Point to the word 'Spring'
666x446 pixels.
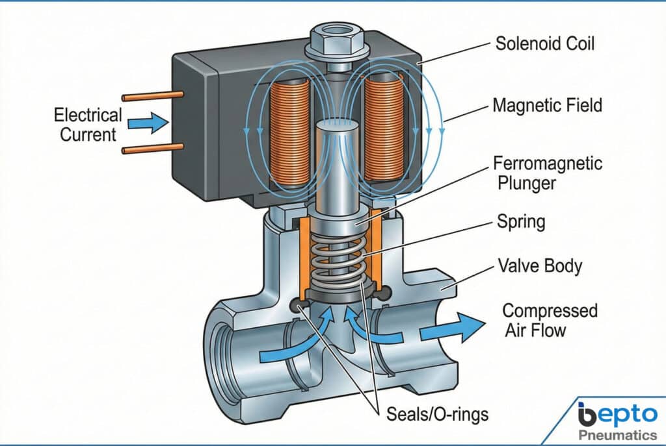[521, 222]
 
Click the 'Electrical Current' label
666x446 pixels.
[87, 125]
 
